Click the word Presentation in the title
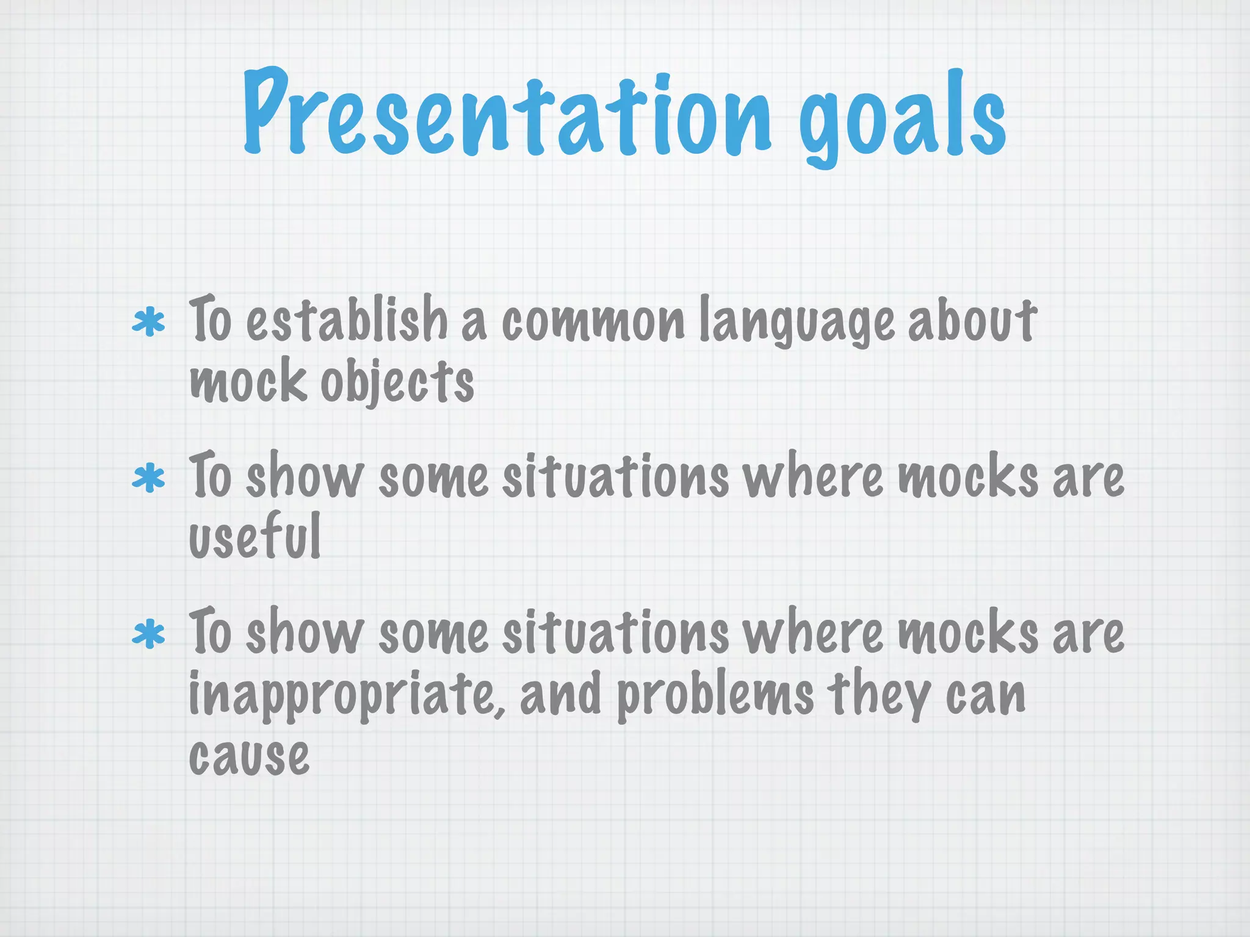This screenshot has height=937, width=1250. tap(507, 113)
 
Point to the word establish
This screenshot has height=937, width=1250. tap(347, 320)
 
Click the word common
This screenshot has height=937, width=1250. tap(593, 322)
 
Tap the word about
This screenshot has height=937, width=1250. tap(972, 320)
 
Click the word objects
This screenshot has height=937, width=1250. tap(397, 383)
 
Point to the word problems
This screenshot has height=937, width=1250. tap(715, 697)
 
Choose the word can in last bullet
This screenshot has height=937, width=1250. tap(985, 697)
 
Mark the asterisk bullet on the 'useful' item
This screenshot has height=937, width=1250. tap(148, 479)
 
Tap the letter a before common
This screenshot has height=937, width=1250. tap(474, 325)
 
